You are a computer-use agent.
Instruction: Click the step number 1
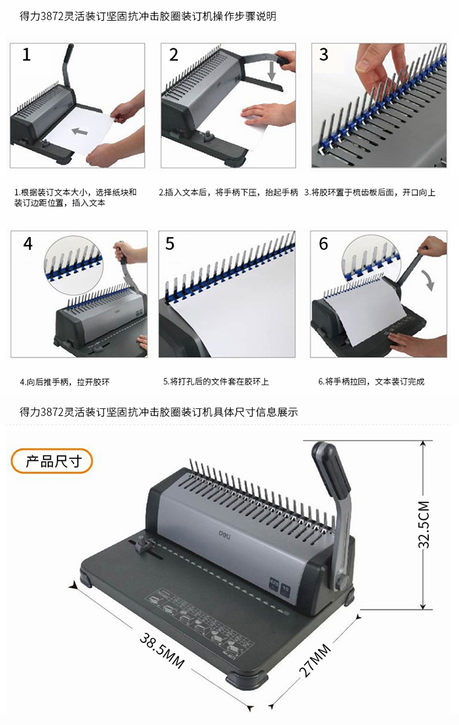(x=27, y=54)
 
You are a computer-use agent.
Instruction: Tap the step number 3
(x=323, y=54)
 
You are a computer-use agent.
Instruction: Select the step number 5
(x=170, y=243)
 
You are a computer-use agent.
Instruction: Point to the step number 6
(x=323, y=243)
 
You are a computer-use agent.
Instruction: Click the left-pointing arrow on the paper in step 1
(x=80, y=132)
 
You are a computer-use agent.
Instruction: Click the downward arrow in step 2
(x=272, y=71)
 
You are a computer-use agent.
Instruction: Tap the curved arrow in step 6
(x=430, y=278)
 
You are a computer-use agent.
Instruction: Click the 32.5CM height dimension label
(x=424, y=524)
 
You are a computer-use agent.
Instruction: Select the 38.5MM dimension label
(x=162, y=652)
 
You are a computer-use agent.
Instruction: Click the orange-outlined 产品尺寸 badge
(x=52, y=461)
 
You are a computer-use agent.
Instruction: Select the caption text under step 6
(x=371, y=382)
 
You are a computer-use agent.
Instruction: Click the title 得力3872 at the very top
(x=148, y=17)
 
